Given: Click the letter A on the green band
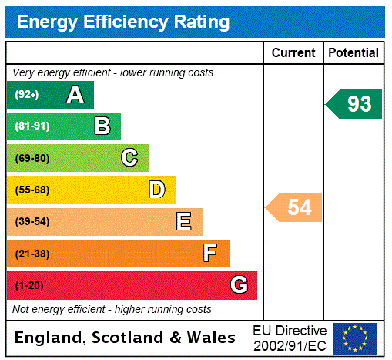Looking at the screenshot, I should coord(75,95).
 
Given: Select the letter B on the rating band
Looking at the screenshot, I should coord(102,126).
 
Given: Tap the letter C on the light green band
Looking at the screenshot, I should coord(129,158).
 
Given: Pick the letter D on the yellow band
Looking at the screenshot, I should coord(156,190).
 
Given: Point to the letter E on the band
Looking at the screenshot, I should coord(184,222).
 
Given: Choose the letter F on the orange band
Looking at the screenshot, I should coord(210,254).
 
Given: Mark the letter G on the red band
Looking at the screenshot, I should coord(240,285).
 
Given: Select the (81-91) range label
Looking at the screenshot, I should coord(32,126).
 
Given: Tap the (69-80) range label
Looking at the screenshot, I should coord(32,158).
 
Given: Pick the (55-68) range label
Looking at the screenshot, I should coord(32,190).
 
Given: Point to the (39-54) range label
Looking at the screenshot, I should coord(32,222).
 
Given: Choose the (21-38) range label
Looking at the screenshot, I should coord(32,254).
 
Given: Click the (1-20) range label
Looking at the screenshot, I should coord(29,285).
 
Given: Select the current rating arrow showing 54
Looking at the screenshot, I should coord(296,207).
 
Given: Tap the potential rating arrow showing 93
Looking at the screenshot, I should coord(355,104).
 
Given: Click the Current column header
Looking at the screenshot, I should coord(293,53).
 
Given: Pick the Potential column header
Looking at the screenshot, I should coord(353,53).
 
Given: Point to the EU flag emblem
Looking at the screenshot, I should coord(355,338).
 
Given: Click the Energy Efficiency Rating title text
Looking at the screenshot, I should coord(123,22).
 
